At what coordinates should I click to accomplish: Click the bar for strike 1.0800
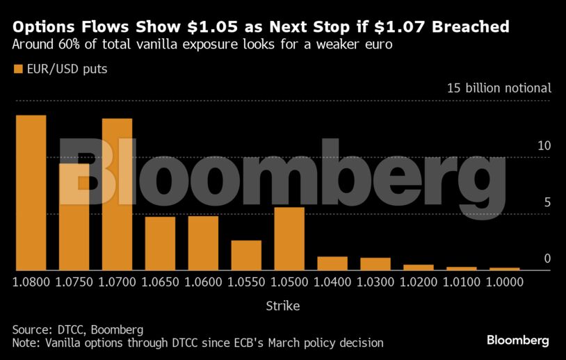pyautogui.click(x=31, y=193)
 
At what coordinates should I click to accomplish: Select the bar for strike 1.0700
pyautogui.click(x=117, y=195)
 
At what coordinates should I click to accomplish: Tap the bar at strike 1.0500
pyautogui.click(x=289, y=238)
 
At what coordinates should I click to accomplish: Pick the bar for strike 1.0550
pyautogui.click(x=246, y=255)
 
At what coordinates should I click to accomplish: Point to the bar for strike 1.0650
pyautogui.click(x=160, y=243)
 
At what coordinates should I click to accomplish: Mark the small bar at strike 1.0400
pyautogui.click(x=332, y=263)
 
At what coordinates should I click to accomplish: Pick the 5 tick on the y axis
pyautogui.click(x=547, y=202)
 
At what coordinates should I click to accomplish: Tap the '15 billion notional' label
pyautogui.click(x=499, y=88)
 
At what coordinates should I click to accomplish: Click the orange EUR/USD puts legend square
pyautogui.click(x=18, y=69)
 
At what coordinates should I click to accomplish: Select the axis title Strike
pyautogui.click(x=282, y=305)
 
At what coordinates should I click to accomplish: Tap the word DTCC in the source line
pyautogui.click(x=70, y=329)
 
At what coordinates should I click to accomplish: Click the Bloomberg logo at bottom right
pyautogui.click(x=517, y=340)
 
